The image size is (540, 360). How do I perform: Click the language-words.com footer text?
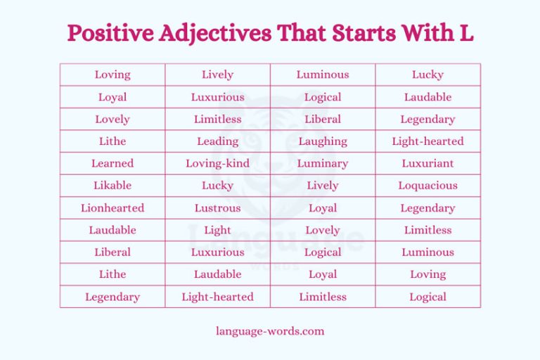point(270,330)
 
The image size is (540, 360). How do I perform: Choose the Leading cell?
point(217,141)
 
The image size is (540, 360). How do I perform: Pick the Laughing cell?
point(323,141)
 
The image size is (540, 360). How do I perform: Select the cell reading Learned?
point(112,163)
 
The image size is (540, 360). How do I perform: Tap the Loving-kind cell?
point(217,163)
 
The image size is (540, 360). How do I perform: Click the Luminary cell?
point(323,163)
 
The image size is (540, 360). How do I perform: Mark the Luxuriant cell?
point(427,163)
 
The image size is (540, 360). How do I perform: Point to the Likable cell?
point(112,186)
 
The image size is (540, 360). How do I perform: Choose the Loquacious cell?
point(427,186)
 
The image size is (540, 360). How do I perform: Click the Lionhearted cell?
point(112,208)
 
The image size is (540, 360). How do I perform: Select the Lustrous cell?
point(217,208)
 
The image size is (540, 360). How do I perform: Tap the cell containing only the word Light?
point(217,230)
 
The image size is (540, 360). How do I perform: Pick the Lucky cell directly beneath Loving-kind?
point(217,186)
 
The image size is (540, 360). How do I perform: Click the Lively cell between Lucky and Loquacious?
point(323,186)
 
